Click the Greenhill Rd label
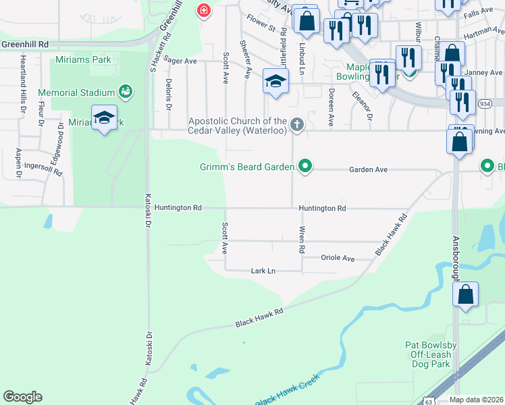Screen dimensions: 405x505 point(25,43)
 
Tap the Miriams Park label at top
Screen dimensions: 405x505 point(83,60)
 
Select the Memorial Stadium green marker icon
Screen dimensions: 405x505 point(125,90)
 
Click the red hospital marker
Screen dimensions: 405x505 point(203,10)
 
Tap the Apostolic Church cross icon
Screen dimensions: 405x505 point(296,125)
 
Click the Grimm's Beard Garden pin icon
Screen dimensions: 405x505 point(305,165)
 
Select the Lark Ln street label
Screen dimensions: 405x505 point(263,271)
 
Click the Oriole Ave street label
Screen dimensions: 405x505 point(338,259)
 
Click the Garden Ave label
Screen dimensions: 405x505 point(368,170)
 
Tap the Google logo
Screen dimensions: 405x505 point(22,397)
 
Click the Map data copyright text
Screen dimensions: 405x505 point(475,400)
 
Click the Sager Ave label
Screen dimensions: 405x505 point(180,61)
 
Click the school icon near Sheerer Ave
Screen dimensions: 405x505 point(275,82)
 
